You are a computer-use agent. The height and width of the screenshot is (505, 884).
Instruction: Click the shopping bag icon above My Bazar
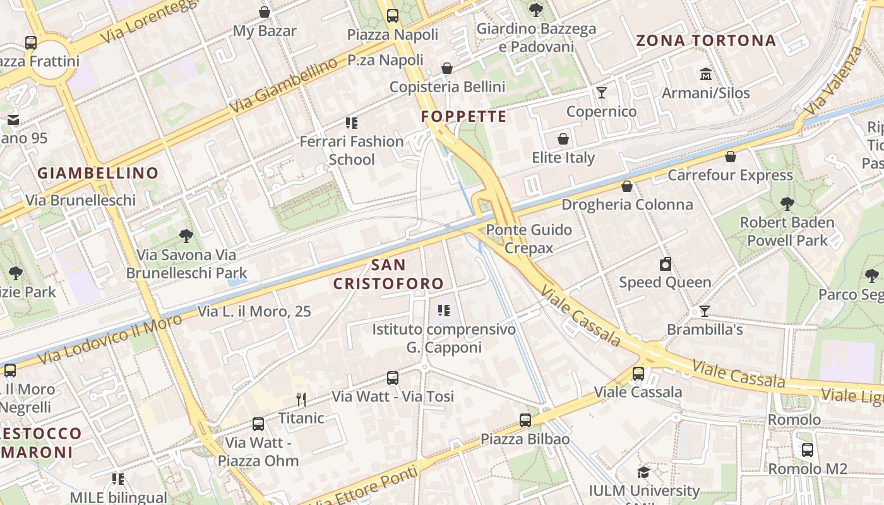[x=265, y=12]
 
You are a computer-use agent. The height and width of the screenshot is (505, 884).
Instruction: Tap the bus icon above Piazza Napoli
[x=393, y=16]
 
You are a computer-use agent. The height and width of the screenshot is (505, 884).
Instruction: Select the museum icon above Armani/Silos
[x=705, y=74]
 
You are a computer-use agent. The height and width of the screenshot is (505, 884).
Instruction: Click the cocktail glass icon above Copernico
[x=601, y=93]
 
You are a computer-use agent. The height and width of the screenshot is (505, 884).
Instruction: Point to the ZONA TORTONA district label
[x=705, y=41]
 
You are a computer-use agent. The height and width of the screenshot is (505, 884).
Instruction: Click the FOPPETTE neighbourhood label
[x=463, y=116]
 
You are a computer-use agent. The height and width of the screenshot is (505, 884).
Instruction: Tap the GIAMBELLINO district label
[x=98, y=173]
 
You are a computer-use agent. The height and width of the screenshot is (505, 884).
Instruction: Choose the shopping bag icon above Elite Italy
[x=563, y=139]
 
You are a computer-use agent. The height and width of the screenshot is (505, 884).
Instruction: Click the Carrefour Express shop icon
[x=731, y=157]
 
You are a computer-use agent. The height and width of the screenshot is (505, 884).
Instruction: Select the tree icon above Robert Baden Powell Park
[x=787, y=204]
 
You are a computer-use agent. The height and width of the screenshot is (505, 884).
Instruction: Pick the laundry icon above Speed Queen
[x=665, y=264]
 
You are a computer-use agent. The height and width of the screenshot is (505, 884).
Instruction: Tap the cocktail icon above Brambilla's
[x=705, y=311]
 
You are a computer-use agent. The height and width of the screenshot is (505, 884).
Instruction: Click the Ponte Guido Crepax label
[x=529, y=239]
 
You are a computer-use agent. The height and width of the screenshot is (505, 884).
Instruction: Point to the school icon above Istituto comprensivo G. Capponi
[x=444, y=311]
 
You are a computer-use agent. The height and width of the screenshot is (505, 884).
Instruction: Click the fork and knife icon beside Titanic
[x=301, y=399]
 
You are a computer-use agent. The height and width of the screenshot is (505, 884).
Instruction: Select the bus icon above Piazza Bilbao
[x=525, y=420]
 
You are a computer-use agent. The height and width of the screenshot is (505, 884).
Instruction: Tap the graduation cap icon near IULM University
[x=643, y=472]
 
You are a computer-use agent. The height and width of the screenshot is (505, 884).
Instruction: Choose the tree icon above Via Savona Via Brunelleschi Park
[x=186, y=236]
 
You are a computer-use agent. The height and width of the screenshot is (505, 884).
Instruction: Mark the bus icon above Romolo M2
[x=807, y=450]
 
